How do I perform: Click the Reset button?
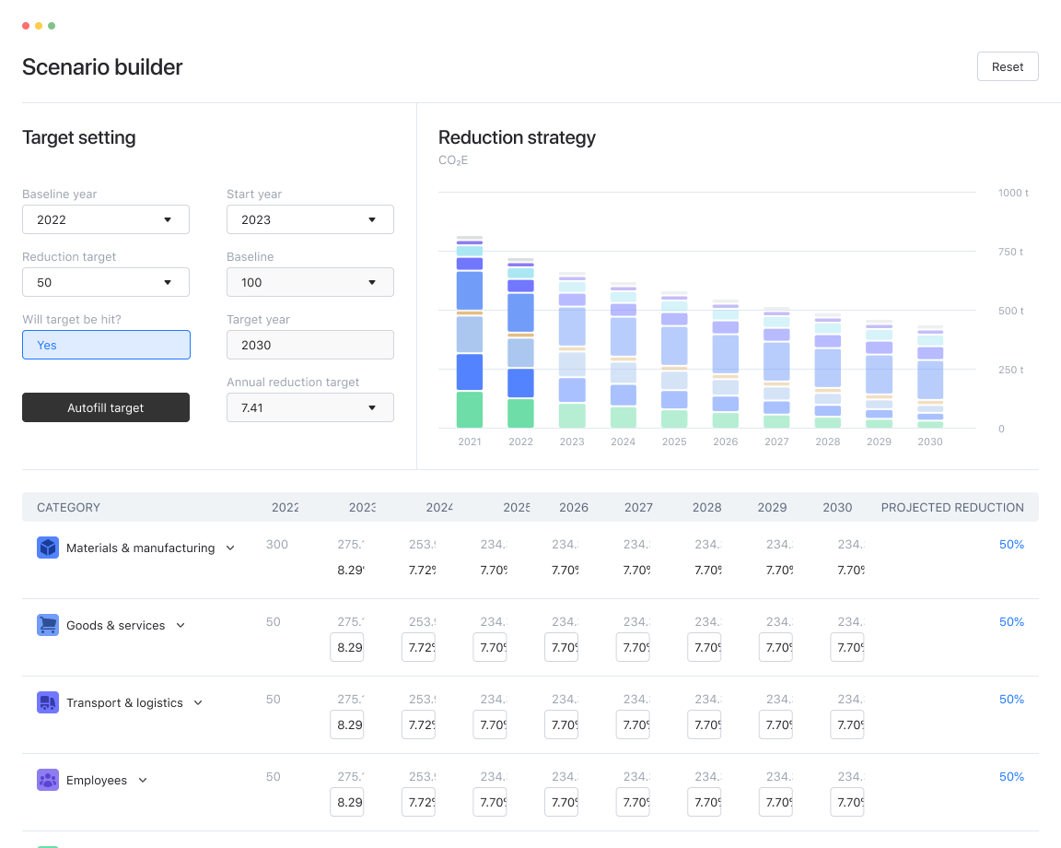[x=1008, y=66]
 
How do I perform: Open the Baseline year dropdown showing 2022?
[x=106, y=219]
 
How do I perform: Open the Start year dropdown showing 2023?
[x=309, y=219]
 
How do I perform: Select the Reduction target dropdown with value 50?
[x=106, y=282]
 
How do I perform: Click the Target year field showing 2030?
[x=309, y=345]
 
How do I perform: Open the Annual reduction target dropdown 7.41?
[x=309, y=407]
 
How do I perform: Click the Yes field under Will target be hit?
[x=106, y=345]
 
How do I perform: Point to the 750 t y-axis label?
[x=1010, y=252]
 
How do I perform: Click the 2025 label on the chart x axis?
[x=674, y=442]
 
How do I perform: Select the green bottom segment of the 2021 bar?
[x=470, y=410]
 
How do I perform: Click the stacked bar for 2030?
[x=930, y=378]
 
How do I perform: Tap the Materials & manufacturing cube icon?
[x=48, y=548]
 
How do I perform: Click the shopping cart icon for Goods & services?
[x=48, y=625]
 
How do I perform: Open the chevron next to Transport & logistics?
[x=198, y=702]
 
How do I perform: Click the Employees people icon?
[x=48, y=780]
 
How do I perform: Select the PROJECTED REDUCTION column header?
[x=952, y=507]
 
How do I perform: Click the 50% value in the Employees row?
[x=1011, y=776]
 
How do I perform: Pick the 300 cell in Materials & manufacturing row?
[x=276, y=544]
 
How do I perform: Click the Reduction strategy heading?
[x=517, y=137]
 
